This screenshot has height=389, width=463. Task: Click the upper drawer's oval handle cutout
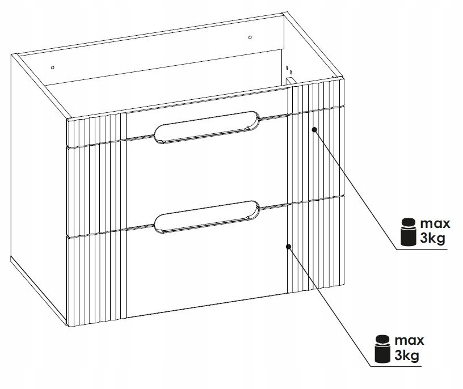point(207,128)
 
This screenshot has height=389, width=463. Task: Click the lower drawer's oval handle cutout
point(207,217)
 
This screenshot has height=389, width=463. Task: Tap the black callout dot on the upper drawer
point(314,129)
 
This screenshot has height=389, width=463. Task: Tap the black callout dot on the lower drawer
point(288,247)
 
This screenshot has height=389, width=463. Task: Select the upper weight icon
point(408,231)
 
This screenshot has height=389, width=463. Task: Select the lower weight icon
point(382,349)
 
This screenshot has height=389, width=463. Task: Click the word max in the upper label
point(435,224)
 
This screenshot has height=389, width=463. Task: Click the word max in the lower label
point(409,341)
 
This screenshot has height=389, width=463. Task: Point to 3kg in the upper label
point(432,238)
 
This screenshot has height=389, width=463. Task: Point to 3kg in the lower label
point(407,356)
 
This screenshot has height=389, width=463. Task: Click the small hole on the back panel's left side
point(53,67)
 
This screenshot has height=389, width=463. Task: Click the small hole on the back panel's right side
point(250,37)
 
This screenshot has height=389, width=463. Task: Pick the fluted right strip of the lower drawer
point(315,244)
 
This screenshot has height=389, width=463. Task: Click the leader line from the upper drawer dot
point(356,189)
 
